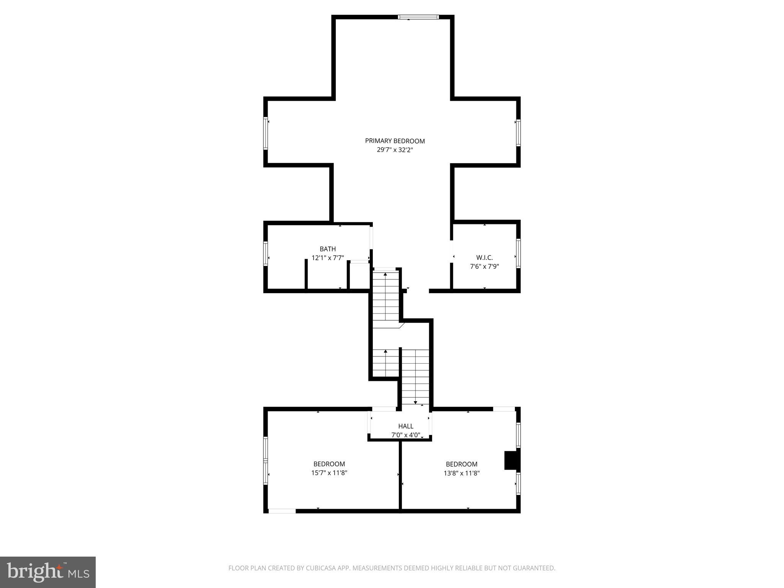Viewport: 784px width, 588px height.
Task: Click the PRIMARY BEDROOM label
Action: point(395,141)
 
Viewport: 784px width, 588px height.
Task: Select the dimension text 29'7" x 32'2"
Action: point(395,150)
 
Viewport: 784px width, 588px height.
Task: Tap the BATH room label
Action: point(328,249)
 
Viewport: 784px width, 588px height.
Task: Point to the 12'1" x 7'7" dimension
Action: point(328,258)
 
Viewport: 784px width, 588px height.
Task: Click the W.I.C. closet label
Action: point(484,258)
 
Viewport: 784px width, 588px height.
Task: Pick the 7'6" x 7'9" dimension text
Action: point(484,266)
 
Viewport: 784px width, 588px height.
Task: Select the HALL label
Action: point(406,426)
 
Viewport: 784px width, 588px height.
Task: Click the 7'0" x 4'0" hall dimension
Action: point(406,435)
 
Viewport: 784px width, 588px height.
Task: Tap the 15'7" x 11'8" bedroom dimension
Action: point(329,473)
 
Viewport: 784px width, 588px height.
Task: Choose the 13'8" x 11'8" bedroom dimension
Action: point(462,473)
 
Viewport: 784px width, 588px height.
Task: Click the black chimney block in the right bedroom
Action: point(511,461)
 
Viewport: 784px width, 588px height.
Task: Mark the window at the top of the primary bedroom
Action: point(418,17)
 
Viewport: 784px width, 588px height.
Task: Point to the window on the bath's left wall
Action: point(265,253)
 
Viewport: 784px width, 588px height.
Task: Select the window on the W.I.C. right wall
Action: point(518,253)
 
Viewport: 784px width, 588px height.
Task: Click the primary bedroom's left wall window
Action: point(265,133)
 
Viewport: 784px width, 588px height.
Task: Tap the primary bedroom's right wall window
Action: point(518,133)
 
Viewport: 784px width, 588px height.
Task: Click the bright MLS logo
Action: point(48,572)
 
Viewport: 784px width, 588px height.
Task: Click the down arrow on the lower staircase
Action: point(415,402)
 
